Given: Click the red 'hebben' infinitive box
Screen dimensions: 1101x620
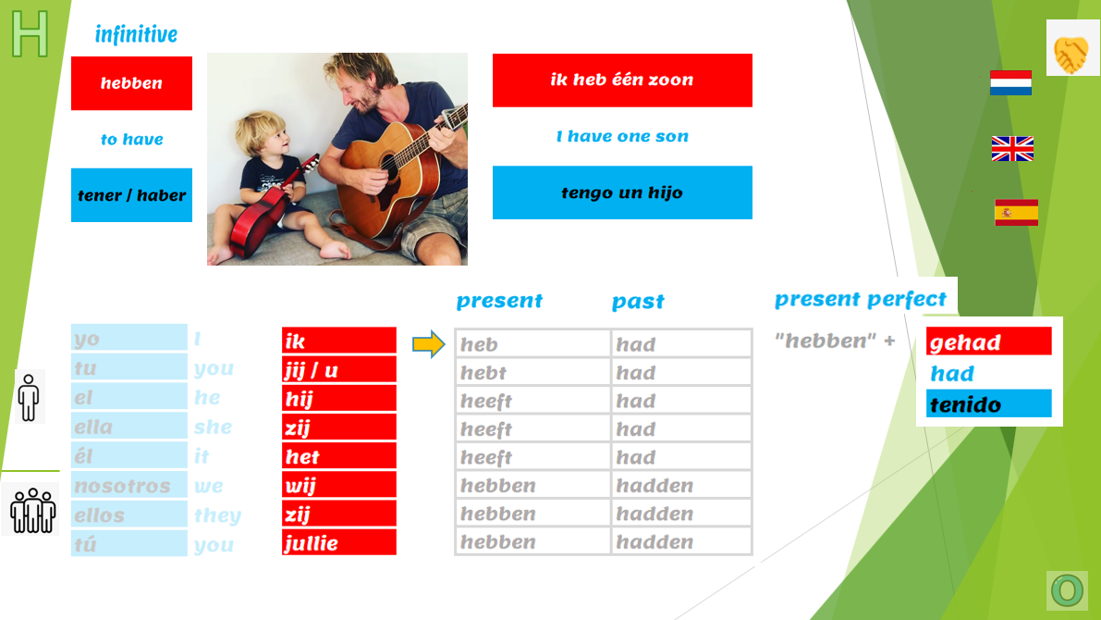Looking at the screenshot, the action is [x=131, y=83].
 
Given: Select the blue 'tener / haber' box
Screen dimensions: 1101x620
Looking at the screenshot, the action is [x=131, y=194].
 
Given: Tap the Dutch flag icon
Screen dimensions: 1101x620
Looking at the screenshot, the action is [x=1010, y=82].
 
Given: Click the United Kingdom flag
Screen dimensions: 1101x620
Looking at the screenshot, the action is [x=1012, y=148].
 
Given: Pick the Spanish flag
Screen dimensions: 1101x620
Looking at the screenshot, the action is [x=1016, y=212].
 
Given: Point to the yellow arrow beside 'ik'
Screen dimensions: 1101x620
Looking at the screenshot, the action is [x=428, y=343].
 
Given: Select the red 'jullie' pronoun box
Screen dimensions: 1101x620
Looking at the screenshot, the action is [x=339, y=542].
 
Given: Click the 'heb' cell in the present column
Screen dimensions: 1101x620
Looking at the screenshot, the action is [x=532, y=343].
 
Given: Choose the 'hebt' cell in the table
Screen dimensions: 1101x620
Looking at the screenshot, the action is [x=532, y=372].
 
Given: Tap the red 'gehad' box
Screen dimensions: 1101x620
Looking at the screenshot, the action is [x=988, y=341].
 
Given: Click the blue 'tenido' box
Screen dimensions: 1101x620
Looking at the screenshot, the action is [x=988, y=403].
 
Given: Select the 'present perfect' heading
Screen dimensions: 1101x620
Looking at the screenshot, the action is [x=860, y=300].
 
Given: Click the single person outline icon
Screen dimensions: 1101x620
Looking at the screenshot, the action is [x=29, y=397].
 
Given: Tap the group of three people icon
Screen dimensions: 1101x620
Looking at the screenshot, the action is [x=32, y=510].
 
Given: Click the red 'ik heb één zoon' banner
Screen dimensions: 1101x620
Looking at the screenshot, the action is [x=622, y=81].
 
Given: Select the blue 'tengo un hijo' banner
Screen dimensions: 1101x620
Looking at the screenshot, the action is [x=622, y=192].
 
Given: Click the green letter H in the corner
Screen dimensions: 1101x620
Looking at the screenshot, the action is [x=31, y=33].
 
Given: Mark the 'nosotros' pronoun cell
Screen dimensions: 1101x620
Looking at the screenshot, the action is [x=129, y=485].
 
